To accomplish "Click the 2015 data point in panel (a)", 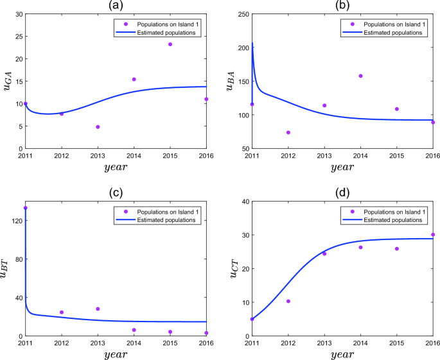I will click(x=170, y=44).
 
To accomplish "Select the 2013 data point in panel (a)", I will click(x=98, y=127).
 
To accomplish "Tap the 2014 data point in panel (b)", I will click(x=360, y=76).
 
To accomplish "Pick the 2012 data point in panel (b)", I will click(x=288, y=133).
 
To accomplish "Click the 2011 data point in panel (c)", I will click(x=26, y=208).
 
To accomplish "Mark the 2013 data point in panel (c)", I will click(x=98, y=309).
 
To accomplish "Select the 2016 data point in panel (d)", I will click(x=432, y=235).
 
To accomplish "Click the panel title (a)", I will click(x=116, y=6).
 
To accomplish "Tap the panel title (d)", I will click(x=342, y=193).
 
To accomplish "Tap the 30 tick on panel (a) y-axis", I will click(x=17, y=14).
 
